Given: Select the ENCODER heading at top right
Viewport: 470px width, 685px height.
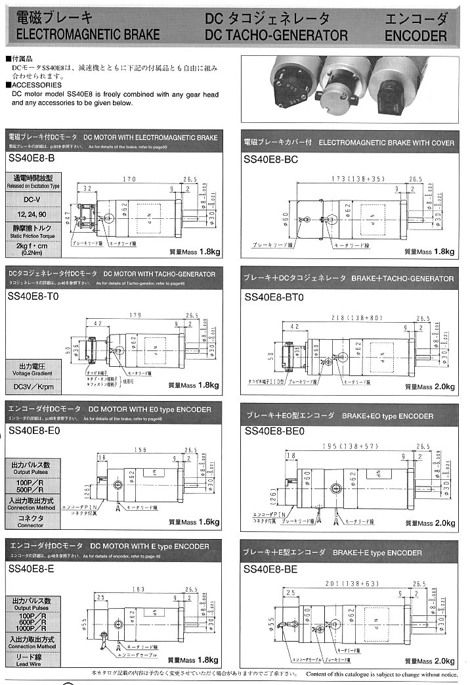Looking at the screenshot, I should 416,35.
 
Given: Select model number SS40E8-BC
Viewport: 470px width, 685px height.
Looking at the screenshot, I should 270,160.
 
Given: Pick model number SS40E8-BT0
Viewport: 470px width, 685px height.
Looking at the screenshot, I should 274,297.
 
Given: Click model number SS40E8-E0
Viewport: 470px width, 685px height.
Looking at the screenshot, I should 33,431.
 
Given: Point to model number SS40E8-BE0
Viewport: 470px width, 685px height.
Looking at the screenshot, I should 274,431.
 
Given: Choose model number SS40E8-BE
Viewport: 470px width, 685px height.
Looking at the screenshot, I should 270,569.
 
